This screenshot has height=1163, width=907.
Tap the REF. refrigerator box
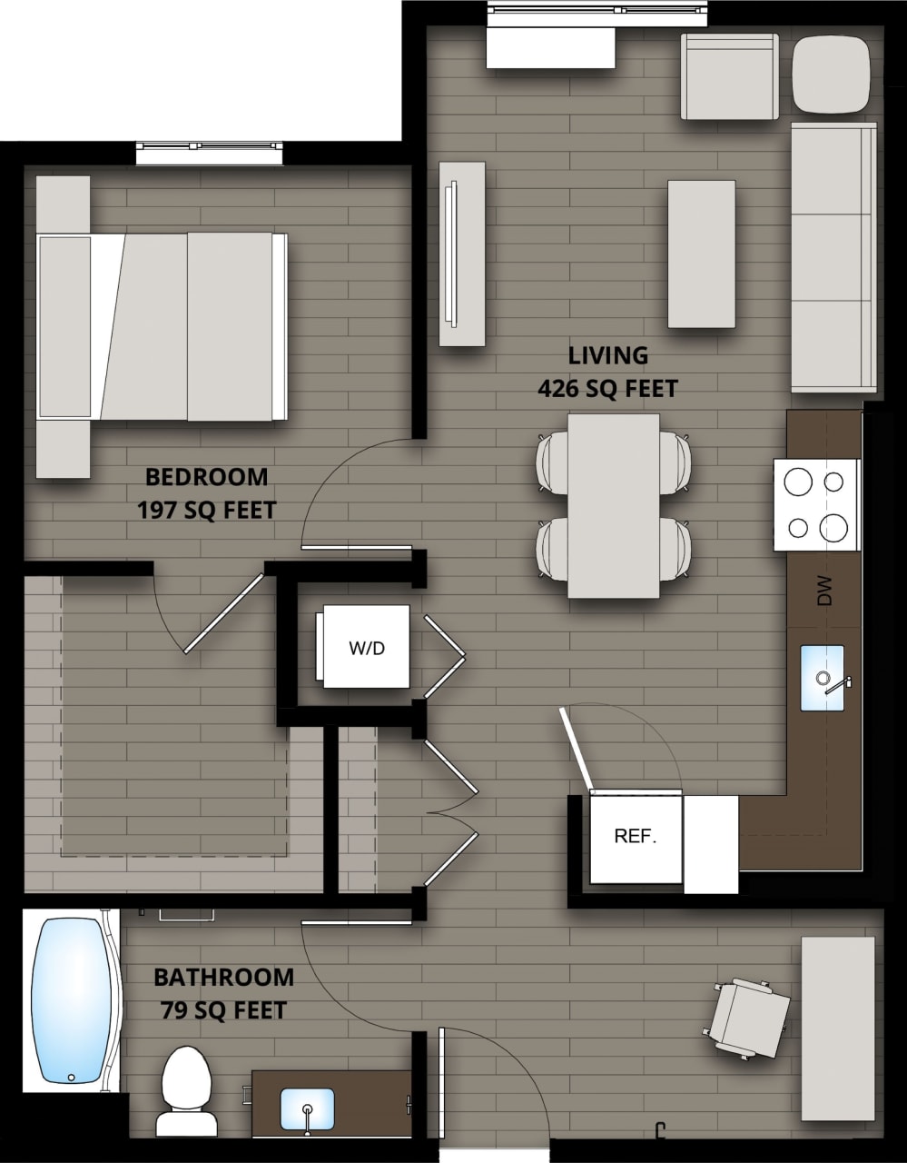[636, 836]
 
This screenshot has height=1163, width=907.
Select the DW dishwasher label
[824, 591]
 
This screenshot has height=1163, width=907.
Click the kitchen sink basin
[823, 678]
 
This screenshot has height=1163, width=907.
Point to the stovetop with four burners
[816, 505]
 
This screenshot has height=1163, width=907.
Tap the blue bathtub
[71, 1000]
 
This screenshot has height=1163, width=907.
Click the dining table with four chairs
[614, 506]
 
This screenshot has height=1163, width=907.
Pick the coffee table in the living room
[701, 253]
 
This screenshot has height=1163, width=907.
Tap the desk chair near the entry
[750, 1018]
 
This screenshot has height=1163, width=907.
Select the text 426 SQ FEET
[607, 389]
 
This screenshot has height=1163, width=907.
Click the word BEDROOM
[207, 476]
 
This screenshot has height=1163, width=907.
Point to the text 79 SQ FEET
[223, 1009]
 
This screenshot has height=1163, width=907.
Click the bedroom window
[210, 152]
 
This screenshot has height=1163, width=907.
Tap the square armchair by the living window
[729, 76]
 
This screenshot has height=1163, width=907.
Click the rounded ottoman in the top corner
[831, 75]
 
